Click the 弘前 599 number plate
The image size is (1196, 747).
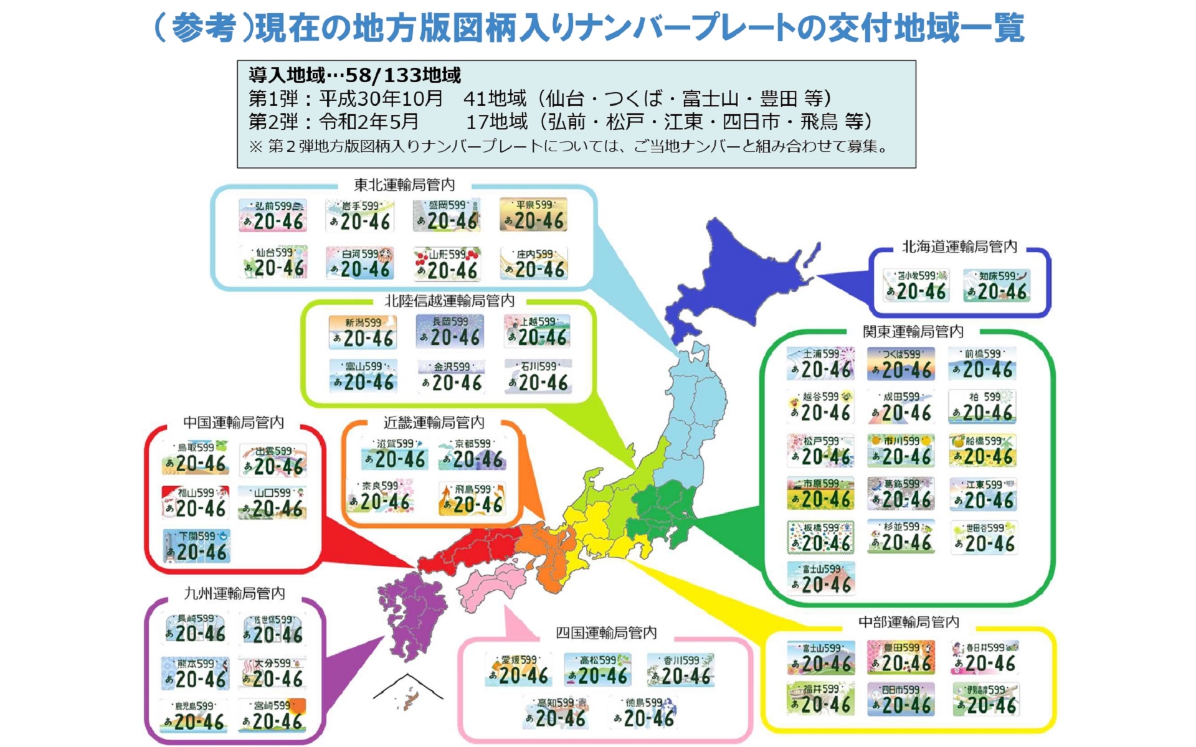point(273,215)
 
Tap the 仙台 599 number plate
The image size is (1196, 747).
point(274,262)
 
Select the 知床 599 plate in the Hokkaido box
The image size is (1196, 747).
point(996,286)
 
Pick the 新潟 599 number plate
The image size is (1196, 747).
point(363,332)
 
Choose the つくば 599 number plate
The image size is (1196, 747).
point(901,364)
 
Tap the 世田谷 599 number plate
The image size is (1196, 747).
point(984,537)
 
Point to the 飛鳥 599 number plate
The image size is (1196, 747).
point(472,499)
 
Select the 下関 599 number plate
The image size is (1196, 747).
point(197,546)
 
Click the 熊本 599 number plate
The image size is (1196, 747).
point(195,673)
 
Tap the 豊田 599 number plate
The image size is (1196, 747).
point(901,657)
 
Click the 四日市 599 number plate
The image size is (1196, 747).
point(901,699)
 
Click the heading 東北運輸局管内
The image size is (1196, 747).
point(404,185)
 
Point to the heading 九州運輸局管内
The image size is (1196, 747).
point(234,593)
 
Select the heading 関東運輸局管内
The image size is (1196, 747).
point(913,331)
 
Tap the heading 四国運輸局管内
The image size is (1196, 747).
point(606,633)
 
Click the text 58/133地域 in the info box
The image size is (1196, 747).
point(402,75)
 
